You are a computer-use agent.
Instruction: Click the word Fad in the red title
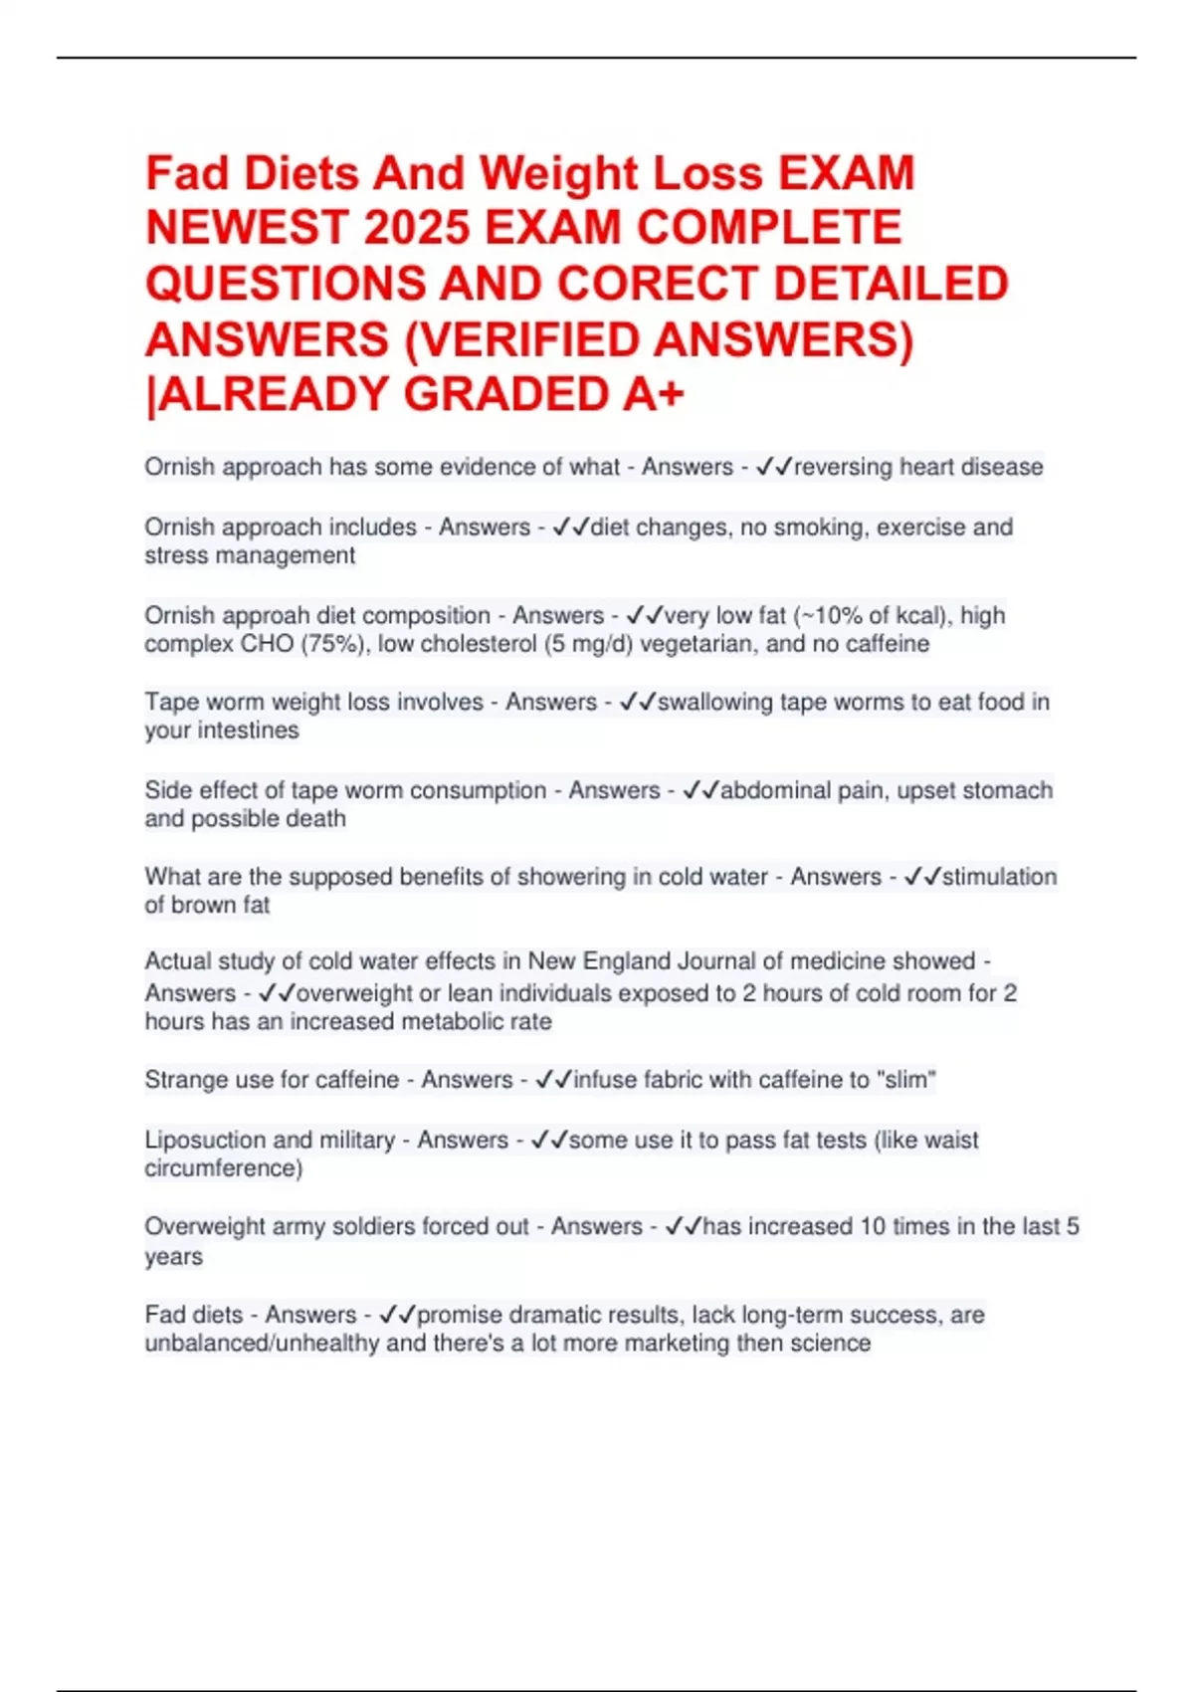[186, 173]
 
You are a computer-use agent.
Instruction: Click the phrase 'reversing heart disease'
[918, 467]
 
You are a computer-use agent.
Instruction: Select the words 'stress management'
[250, 555]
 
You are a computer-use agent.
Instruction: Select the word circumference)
[224, 1167]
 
